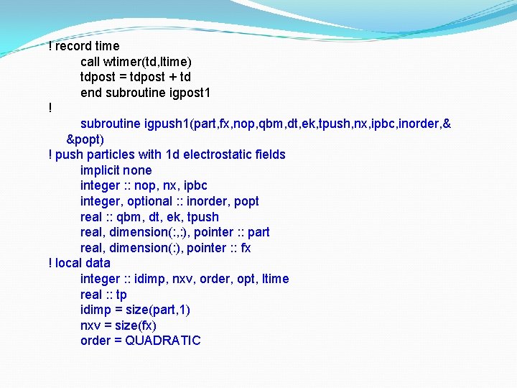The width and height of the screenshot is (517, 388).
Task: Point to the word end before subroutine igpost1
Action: click(91, 93)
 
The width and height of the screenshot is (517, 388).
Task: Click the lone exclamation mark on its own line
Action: click(50, 108)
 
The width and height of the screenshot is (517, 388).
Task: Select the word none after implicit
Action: click(137, 170)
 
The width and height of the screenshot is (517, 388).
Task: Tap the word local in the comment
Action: click(68, 263)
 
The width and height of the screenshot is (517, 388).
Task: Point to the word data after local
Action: click(98, 263)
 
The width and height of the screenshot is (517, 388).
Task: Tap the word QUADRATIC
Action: click(163, 341)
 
